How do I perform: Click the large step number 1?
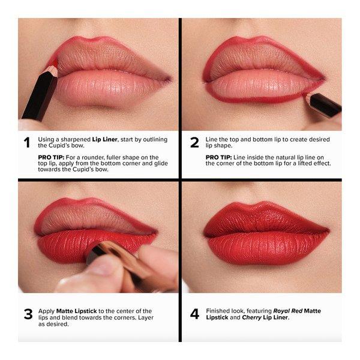tap(26, 143)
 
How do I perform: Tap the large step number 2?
tap(194, 143)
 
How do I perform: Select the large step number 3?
tap(26, 313)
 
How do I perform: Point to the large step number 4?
tap(194, 313)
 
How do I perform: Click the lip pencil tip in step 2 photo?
tap(307, 95)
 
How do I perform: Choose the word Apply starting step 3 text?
tap(47, 311)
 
